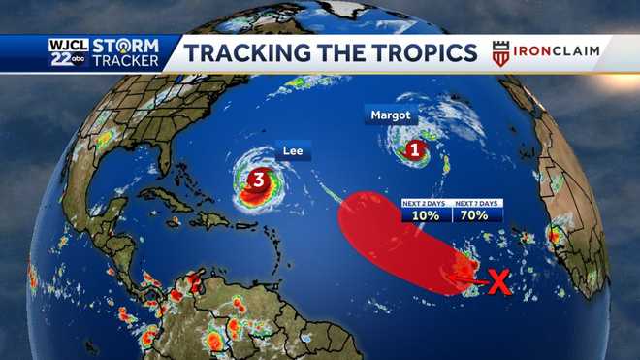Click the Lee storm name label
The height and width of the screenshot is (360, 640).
(x=290, y=152)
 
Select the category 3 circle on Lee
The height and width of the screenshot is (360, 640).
(x=259, y=180)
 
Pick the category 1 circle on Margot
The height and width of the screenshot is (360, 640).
(x=415, y=150)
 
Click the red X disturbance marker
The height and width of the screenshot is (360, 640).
(x=498, y=282)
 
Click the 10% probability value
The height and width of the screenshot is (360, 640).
(x=425, y=214)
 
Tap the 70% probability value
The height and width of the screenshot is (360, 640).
(x=477, y=214)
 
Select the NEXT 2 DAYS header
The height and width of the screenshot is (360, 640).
(x=425, y=202)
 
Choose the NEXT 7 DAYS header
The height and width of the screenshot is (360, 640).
(x=477, y=202)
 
